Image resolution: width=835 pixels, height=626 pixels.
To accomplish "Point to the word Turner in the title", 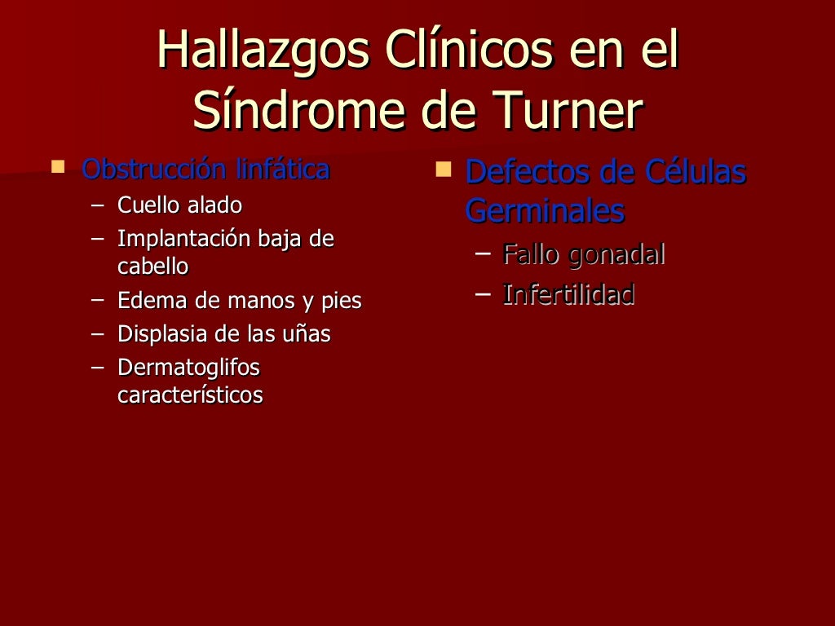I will click(569, 112).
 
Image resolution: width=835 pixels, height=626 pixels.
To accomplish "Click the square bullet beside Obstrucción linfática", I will click(57, 168).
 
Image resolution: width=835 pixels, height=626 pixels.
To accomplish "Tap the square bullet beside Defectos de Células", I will click(444, 170).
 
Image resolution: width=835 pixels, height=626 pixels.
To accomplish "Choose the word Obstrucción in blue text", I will click(154, 170).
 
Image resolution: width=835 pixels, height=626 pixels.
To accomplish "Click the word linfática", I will click(282, 170).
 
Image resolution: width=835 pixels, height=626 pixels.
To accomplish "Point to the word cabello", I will click(153, 266).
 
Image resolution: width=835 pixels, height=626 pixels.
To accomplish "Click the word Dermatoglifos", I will click(188, 368).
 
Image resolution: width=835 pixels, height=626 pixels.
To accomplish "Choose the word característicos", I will click(190, 395).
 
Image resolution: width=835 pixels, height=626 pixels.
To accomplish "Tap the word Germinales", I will click(545, 211).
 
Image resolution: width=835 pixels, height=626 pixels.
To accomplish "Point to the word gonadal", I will click(616, 254).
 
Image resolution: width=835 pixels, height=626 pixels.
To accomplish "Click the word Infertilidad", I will click(568, 294).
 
